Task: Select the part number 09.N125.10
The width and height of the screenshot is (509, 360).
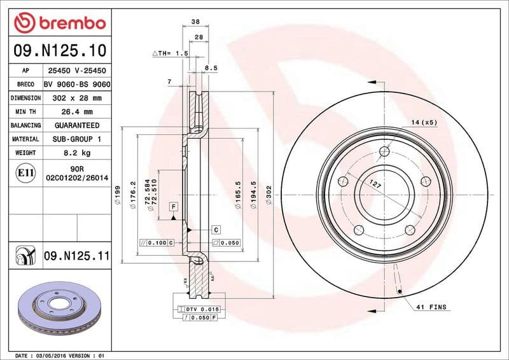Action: click(x=59, y=50)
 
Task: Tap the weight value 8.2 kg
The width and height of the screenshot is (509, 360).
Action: click(x=76, y=153)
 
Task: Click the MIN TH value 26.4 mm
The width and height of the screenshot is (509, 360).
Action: click(x=76, y=112)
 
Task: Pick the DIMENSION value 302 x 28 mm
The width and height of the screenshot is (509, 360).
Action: click(x=76, y=98)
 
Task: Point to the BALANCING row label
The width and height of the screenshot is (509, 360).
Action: click(x=26, y=125)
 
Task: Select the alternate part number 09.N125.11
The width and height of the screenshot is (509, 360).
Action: click(x=76, y=256)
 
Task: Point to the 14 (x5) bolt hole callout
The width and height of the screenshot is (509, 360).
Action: click(x=424, y=121)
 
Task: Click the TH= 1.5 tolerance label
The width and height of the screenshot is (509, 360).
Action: click(x=171, y=54)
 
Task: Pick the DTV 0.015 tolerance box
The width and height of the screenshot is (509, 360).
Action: click(x=202, y=308)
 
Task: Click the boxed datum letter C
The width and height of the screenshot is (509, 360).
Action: click(x=215, y=229)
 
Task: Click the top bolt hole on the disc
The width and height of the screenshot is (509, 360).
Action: click(x=384, y=151)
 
